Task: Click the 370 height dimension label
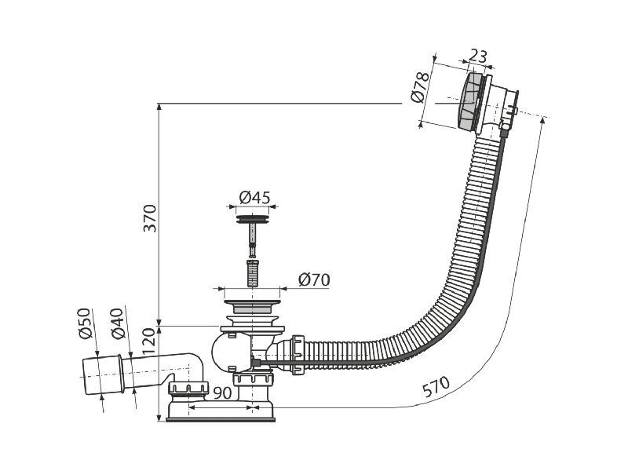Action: coord(151,218)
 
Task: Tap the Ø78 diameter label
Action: coord(421,88)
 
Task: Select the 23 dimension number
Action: coord(478,56)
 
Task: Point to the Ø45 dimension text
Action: coord(254,198)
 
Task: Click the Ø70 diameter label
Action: coord(314,280)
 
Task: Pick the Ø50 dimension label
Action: coord(85,323)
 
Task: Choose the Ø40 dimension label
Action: coord(117,323)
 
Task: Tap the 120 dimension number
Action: coord(148,341)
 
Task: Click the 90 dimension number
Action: coord(222,393)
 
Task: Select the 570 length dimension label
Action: coord(436,386)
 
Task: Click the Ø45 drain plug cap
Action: coord(252,220)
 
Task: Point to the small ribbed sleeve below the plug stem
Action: coord(252,273)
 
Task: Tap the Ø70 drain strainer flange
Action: coord(252,306)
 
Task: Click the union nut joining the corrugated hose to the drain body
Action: coord(298,355)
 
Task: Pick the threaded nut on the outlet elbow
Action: coord(188,388)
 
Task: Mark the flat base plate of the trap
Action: coord(221,420)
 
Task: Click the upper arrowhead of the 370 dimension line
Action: coord(159,107)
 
